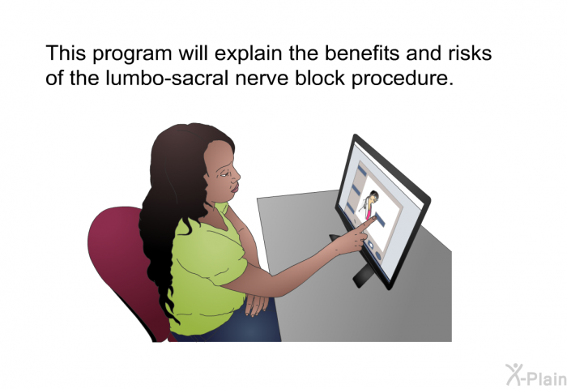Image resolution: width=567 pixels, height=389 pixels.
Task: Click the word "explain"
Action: coord(249,54)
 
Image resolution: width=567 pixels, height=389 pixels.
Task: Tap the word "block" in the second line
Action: coord(320,78)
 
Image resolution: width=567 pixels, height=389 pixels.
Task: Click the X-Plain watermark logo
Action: coord(536,375)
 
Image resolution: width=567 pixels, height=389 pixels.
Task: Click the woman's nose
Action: coord(237,177)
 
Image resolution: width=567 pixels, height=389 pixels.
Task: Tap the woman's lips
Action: coord(235,188)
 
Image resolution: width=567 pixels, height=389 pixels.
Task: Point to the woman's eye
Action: coord(224,174)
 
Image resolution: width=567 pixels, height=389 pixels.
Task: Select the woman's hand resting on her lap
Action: coord(257,305)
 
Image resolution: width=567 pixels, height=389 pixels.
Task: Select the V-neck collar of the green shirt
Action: coord(224,220)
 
